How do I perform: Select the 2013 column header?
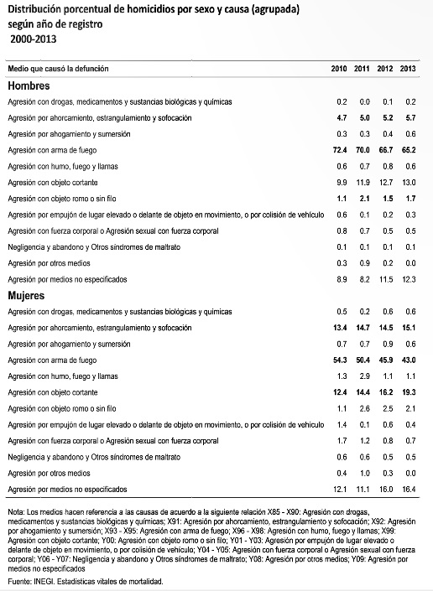click(408, 67)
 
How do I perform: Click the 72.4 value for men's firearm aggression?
click(339, 149)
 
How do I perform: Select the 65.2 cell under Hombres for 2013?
click(407, 149)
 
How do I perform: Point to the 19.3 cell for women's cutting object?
click(407, 392)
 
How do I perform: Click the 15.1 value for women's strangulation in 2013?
click(407, 328)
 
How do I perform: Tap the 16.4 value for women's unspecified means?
click(407, 489)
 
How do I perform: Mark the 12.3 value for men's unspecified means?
click(407, 278)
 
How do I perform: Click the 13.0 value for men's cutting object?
click(407, 182)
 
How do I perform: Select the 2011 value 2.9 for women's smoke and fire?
click(363, 376)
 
